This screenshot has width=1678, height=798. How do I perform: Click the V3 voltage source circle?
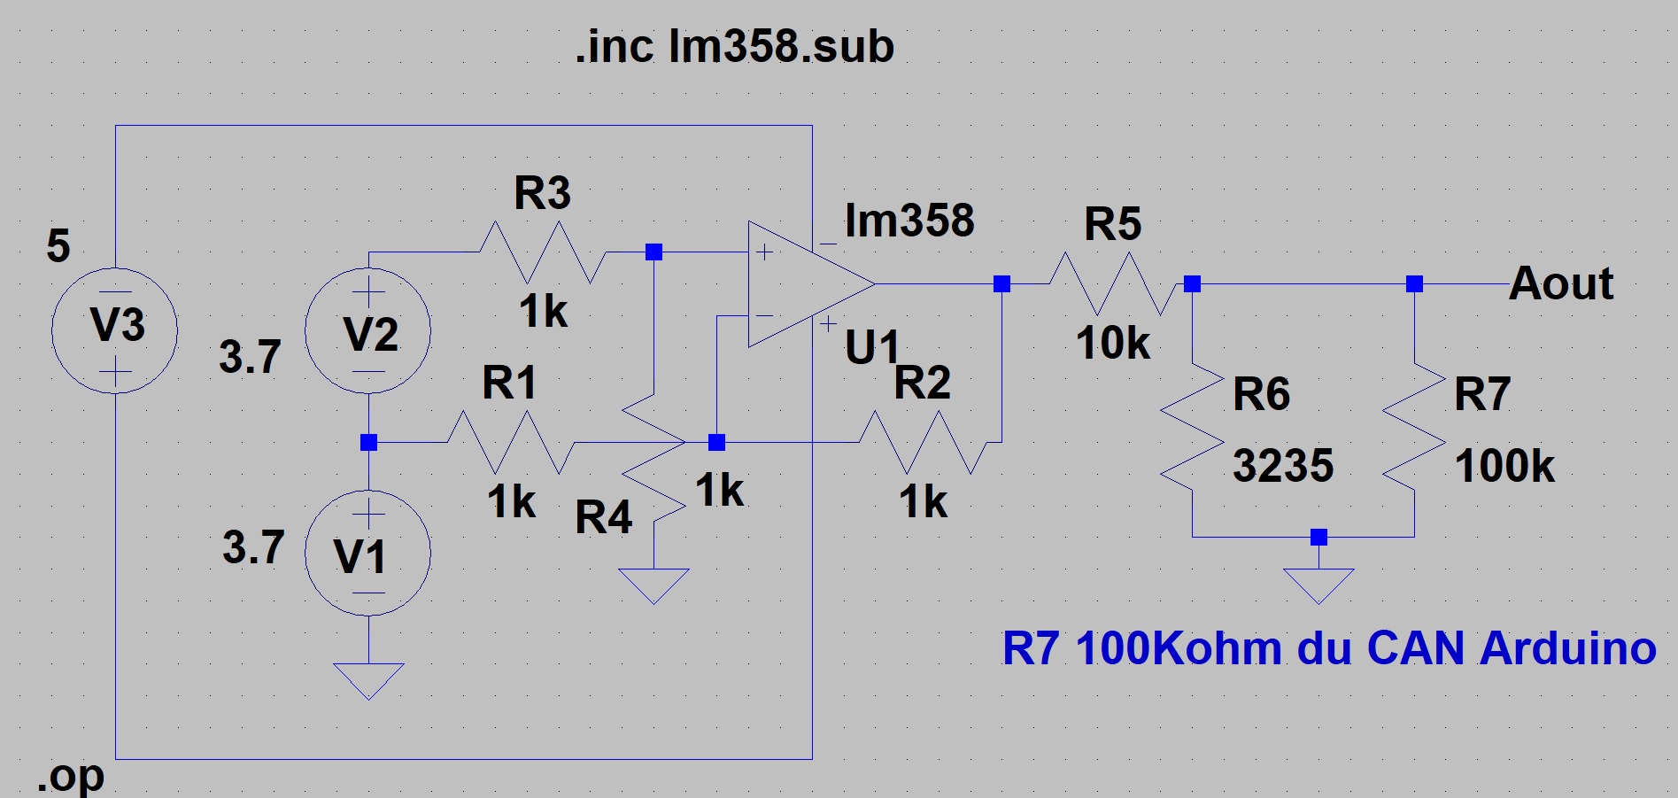[x=115, y=330]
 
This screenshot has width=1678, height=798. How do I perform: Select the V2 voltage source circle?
[x=368, y=330]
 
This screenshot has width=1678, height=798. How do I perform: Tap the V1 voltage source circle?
[x=368, y=553]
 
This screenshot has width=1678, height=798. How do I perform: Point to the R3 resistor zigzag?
[x=542, y=252]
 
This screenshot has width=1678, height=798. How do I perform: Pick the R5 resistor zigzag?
[x=1114, y=283]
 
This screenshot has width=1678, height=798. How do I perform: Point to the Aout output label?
[x=1561, y=283]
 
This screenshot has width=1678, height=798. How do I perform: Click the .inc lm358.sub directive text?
[x=734, y=46]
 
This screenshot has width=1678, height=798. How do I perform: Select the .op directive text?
[x=71, y=777]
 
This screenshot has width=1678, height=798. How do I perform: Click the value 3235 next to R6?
[x=1283, y=465]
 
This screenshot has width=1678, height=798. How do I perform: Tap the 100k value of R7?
[x=1504, y=465]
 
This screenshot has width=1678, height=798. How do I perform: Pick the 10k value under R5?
[x=1113, y=343]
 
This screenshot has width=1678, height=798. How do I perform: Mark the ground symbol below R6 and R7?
[x=1318, y=585]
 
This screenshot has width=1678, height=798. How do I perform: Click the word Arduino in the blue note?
[x=1567, y=647]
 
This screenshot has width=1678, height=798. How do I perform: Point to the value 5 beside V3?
[x=58, y=245]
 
